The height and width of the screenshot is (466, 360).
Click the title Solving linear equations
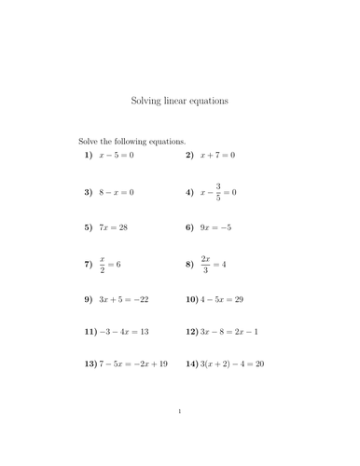pyautogui.click(x=180, y=98)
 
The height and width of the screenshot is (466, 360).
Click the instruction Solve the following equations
pyautogui.click(x=126, y=141)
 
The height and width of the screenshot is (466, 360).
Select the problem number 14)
pyautogui.click(x=191, y=363)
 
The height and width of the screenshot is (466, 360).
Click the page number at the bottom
pyautogui.click(x=180, y=436)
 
